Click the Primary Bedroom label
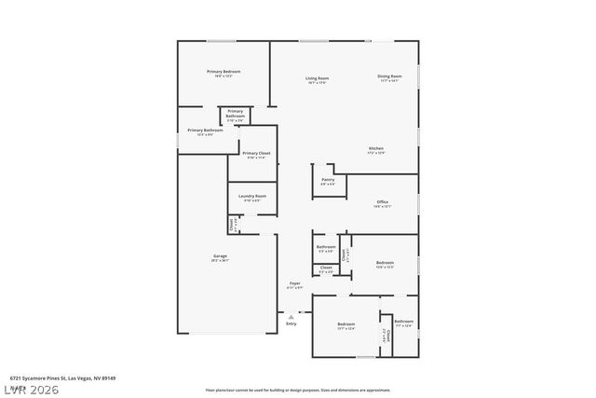point(223,72)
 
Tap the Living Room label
point(318,78)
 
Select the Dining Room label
point(389,76)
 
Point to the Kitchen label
point(376,148)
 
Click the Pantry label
point(328,179)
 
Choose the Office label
point(382,201)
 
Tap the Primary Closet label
point(256,153)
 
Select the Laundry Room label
point(252,196)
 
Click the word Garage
point(220,255)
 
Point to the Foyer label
point(294,282)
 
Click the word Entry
point(291,323)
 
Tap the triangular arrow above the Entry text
point(291,316)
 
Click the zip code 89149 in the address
point(109,377)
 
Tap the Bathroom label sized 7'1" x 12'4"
point(404,322)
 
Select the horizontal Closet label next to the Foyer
point(326,268)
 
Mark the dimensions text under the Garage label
point(220,260)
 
